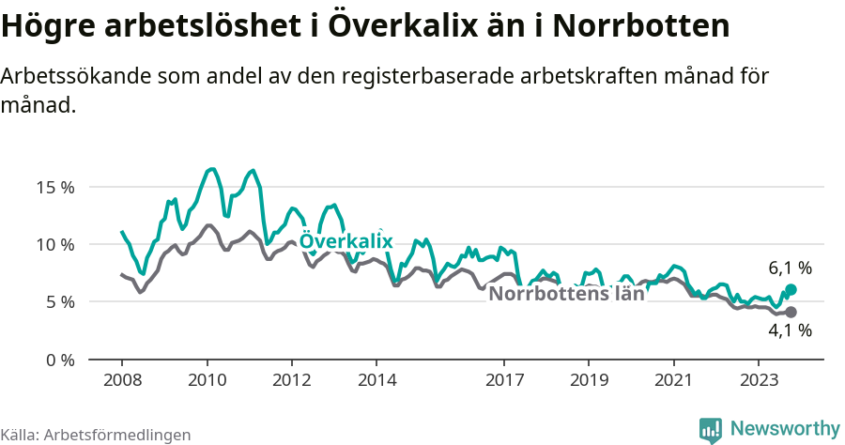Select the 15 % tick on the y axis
coord(55,187)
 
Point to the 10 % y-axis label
coord(55,244)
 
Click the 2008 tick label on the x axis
coord(122,380)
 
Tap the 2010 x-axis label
coord(207,380)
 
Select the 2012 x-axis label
coord(292,380)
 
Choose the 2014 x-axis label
coord(376,380)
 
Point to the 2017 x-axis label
coord(504,380)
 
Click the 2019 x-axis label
coord(589,380)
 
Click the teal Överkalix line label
coord(346,241)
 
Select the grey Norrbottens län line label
coord(567,293)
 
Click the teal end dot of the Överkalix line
coord(791,290)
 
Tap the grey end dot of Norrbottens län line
coord(791,312)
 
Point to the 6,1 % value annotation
coord(790,269)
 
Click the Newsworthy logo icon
coord(711,429)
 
